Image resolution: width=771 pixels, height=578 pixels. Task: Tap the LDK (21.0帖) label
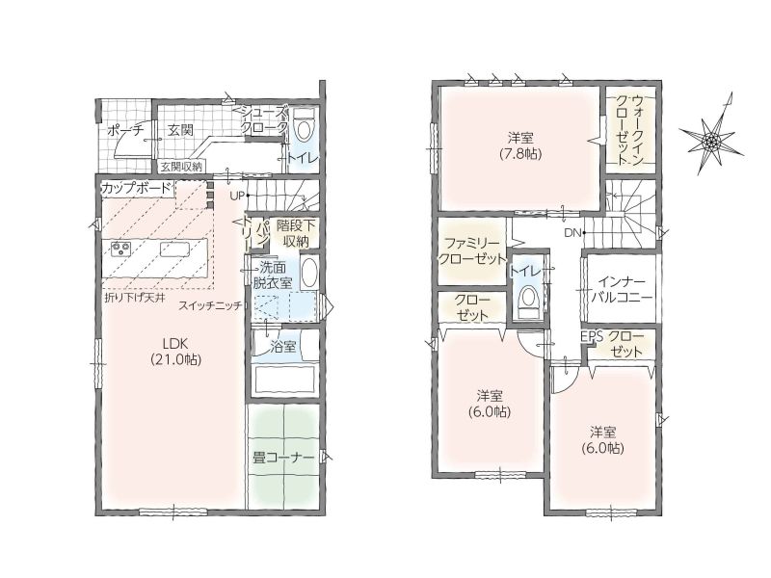tap(176, 352)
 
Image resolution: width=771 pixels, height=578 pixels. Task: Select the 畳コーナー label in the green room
tap(283, 459)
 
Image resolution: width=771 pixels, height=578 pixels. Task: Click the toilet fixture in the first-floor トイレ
tap(305, 125)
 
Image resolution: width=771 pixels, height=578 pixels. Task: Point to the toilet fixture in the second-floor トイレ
tap(529, 298)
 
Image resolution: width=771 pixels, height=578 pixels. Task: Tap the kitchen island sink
tap(175, 250)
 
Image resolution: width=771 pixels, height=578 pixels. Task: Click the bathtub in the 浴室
tap(282, 380)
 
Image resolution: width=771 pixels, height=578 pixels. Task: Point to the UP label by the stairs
tap(237, 196)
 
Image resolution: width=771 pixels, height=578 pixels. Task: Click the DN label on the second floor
tap(572, 233)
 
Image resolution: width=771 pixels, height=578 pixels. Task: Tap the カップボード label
tap(137, 188)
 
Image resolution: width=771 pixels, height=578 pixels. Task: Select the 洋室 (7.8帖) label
tap(520, 145)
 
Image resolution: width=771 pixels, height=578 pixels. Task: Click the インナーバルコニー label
tap(622, 290)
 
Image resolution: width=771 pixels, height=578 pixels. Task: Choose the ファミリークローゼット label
tap(472, 251)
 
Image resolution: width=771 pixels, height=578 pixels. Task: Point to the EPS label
tap(592, 336)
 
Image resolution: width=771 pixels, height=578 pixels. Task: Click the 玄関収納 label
tap(181, 167)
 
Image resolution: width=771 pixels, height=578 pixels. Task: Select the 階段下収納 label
tap(293, 233)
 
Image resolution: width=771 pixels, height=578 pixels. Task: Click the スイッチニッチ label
tap(210, 305)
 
